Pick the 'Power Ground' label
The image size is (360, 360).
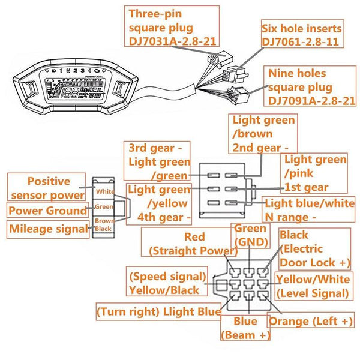[47, 211]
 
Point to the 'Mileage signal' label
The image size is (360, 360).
[47, 229]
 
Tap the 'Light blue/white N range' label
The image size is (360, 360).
[309, 210]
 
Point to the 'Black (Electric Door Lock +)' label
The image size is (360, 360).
[314, 248]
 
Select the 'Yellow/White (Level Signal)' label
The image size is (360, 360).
[312, 286]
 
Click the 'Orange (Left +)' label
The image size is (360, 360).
[311, 321]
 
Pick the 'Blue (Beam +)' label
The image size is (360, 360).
[245, 328]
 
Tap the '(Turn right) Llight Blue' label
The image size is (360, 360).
[159, 311]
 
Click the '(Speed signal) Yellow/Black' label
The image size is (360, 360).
[166, 283]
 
